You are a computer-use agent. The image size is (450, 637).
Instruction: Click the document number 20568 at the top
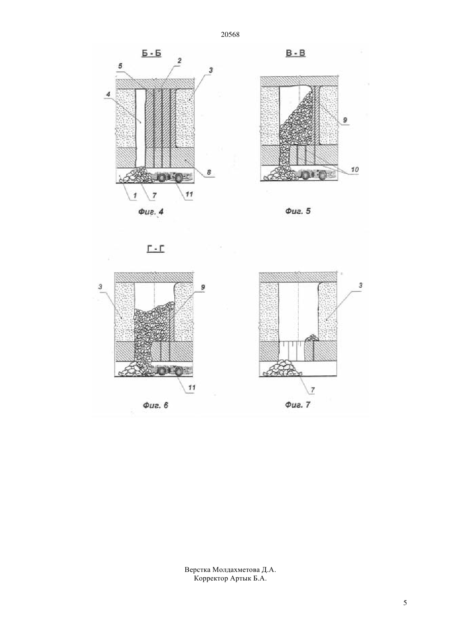click(230, 34)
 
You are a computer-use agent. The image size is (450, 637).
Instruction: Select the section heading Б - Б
click(151, 53)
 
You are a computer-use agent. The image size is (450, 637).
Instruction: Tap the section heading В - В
click(295, 53)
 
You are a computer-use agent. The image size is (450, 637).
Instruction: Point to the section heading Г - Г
click(156, 249)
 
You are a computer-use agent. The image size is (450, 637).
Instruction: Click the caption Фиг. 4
click(151, 212)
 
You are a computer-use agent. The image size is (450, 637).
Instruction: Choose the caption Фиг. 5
click(298, 211)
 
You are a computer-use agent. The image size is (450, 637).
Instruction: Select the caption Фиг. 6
click(155, 405)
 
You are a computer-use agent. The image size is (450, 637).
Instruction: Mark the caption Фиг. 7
click(298, 404)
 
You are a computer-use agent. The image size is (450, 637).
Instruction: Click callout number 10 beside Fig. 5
click(355, 170)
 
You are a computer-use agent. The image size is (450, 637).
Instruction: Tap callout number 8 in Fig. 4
click(209, 172)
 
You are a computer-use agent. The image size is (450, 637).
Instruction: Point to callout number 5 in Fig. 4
click(120, 66)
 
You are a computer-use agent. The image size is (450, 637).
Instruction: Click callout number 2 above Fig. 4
click(179, 60)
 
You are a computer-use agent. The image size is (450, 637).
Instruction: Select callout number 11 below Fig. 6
click(192, 387)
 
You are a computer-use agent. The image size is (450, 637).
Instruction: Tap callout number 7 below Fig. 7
click(313, 390)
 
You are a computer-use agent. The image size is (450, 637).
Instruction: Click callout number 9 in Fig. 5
click(345, 120)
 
